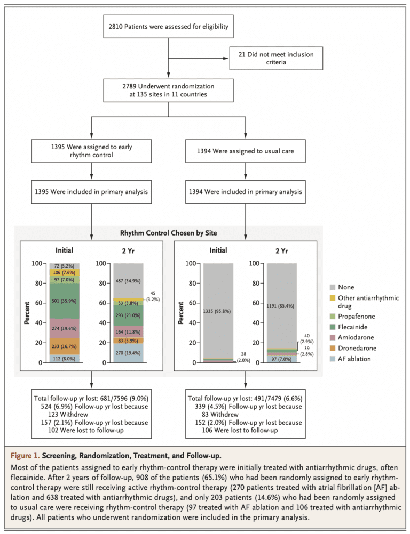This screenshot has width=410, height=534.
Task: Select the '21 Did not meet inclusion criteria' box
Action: [x=275, y=58]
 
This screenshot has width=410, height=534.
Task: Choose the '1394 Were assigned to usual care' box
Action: [x=246, y=151]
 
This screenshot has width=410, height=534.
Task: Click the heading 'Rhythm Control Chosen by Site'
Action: [x=169, y=232]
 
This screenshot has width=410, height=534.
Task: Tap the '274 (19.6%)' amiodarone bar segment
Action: [x=64, y=329]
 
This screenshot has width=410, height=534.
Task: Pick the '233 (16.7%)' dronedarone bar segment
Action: [x=64, y=346]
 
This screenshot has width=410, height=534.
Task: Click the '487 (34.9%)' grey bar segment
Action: [x=128, y=280]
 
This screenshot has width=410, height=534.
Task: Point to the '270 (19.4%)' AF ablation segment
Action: [x=128, y=353]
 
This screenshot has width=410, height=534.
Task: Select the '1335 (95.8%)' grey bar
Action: [x=218, y=311]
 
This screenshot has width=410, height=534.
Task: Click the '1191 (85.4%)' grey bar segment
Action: [x=282, y=306]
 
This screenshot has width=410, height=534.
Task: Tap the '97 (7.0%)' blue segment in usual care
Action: [x=282, y=359]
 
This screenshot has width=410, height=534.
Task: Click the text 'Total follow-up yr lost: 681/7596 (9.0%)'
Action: [x=91, y=398]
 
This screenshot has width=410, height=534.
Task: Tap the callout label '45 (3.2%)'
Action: [x=153, y=296]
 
